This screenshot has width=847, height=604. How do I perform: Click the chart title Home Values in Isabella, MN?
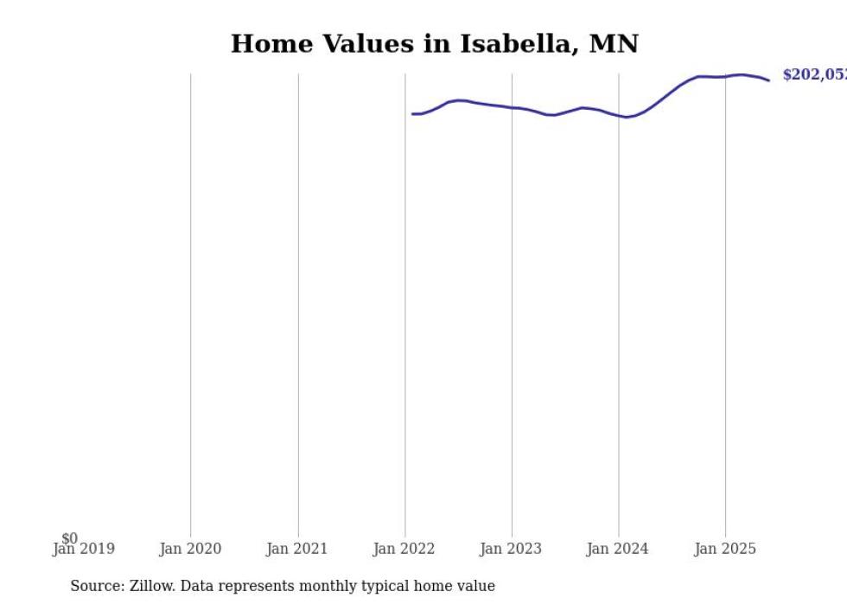pyautogui.click(x=434, y=44)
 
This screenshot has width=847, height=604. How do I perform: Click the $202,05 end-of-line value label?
pyautogui.click(x=813, y=75)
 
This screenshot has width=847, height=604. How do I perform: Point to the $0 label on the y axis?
pyautogui.click(x=69, y=538)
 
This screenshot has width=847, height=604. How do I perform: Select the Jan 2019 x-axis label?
pyautogui.click(x=83, y=549)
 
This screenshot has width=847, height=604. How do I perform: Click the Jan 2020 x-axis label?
pyautogui.click(x=190, y=549)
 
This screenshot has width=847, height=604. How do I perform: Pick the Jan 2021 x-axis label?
pyautogui.click(x=297, y=549)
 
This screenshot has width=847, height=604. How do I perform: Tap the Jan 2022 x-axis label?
pyautogui.click(x=404, y=549)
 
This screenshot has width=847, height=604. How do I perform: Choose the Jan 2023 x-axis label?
pyautogui.click(x=512, y=549)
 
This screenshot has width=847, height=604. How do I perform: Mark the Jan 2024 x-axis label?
pyautogui.click(x=619, y=549)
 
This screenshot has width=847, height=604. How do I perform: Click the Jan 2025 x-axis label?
pyautogui.click(x=725, y=549)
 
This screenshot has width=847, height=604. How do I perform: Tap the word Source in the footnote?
pyautogui.click(x=95, y=587)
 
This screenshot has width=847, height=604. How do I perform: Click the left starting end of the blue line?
pyautogui.click(x=413, y=114)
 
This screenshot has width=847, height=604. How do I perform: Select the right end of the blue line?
pyautogui.click(x=768, y=80)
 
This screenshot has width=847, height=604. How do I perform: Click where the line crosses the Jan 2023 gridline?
pyautogui.click(x=512, y=107)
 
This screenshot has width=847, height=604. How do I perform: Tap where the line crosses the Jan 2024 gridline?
pyautogui.click(x=619, y=116)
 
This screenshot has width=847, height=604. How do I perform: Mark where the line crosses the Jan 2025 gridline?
pyautogui.click(x=725, y=76)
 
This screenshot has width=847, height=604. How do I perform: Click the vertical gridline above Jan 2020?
pyautogui.click(x=191, y=302)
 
